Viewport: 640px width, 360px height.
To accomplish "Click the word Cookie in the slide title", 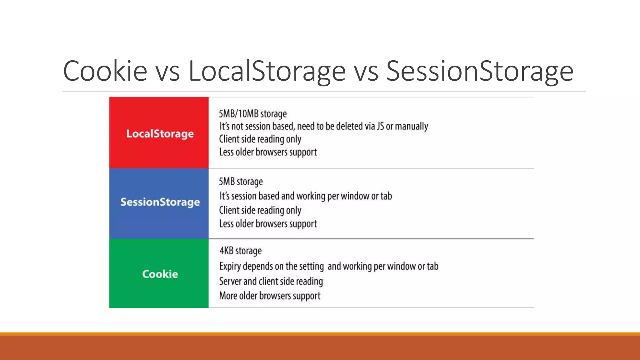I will pos(105,71).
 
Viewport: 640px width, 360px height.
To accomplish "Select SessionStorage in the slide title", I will pos(479,71).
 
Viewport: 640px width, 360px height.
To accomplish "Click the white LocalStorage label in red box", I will pos(160,134).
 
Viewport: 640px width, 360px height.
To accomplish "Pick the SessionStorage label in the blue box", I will pos(160,202).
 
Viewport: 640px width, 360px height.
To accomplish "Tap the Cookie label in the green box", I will pos(160,274).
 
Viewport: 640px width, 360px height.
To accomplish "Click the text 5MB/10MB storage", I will pos(252,114).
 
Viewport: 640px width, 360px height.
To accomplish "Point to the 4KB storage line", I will pos(240,251).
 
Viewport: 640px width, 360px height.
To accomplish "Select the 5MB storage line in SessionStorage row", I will pos(241,182).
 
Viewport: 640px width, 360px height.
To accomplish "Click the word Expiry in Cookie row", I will pos(230,266).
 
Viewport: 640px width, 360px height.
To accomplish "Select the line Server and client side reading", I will pos(271,281).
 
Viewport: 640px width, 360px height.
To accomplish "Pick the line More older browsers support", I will pos(270,296).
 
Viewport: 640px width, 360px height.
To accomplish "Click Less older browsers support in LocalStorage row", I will pos(268,152).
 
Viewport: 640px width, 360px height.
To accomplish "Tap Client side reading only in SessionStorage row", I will pos(260,210).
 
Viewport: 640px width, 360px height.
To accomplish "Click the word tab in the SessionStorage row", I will pos(386,196).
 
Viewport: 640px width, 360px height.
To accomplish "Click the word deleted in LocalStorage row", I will pos(355,126).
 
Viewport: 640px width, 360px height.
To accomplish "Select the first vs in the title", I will pos(167,71).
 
